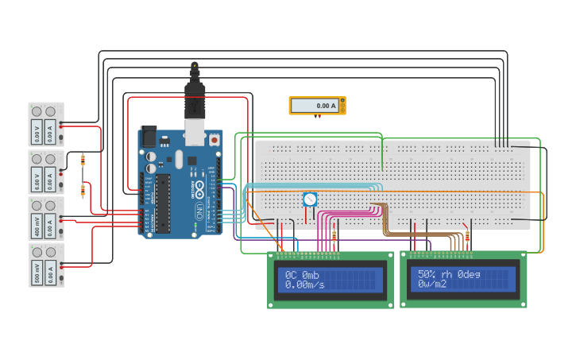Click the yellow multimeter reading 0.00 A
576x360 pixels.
317,105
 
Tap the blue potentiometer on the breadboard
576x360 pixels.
310,199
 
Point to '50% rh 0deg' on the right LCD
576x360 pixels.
449,274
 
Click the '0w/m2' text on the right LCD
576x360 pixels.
435,285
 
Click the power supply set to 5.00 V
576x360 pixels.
46,172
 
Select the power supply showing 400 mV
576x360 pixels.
46,219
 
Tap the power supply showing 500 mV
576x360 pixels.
46,265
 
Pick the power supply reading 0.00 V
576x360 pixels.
46,124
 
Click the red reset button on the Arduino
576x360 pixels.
215,140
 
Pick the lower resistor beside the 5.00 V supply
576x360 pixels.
83,190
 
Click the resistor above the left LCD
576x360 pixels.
334,236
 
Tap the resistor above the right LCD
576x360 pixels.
467,236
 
